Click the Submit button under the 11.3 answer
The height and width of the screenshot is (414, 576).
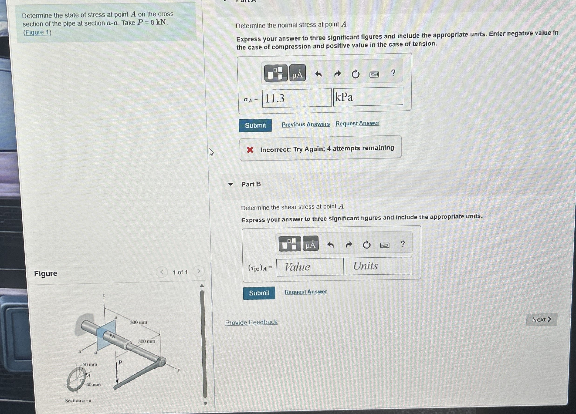(x=255, y=125)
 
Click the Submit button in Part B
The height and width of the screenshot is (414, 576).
(x=259, y=293)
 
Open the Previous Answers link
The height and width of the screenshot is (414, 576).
(x=305, y=124)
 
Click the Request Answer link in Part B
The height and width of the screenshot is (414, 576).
(x=305, y=292)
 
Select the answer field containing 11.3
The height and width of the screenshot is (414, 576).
(x=297, y=98)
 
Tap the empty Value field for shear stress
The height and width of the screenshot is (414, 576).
(x=310, y=267)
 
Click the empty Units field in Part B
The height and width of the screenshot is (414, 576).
(x=378, y=266)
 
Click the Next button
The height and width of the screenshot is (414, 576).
(x=542, y=319)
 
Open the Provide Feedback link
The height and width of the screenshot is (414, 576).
(x=251, y=322)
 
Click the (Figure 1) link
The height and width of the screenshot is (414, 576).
(x=37, y=33)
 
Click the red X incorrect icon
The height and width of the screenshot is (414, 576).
(x=250, y=150)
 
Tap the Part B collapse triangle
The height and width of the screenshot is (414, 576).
(x=230, y=184)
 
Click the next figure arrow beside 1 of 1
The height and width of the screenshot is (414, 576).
(x=199, y=271)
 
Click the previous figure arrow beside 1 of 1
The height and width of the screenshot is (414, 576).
(x=162, y=272)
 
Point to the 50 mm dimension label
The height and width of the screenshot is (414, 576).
(x=90, y=364)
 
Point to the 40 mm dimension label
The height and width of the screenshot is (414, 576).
(x=93, y=384)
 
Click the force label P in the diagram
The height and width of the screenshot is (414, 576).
(x=120, y=362)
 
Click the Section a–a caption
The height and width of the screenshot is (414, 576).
(x=78, y=401)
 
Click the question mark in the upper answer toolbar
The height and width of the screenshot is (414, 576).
(x=393, y=73)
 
